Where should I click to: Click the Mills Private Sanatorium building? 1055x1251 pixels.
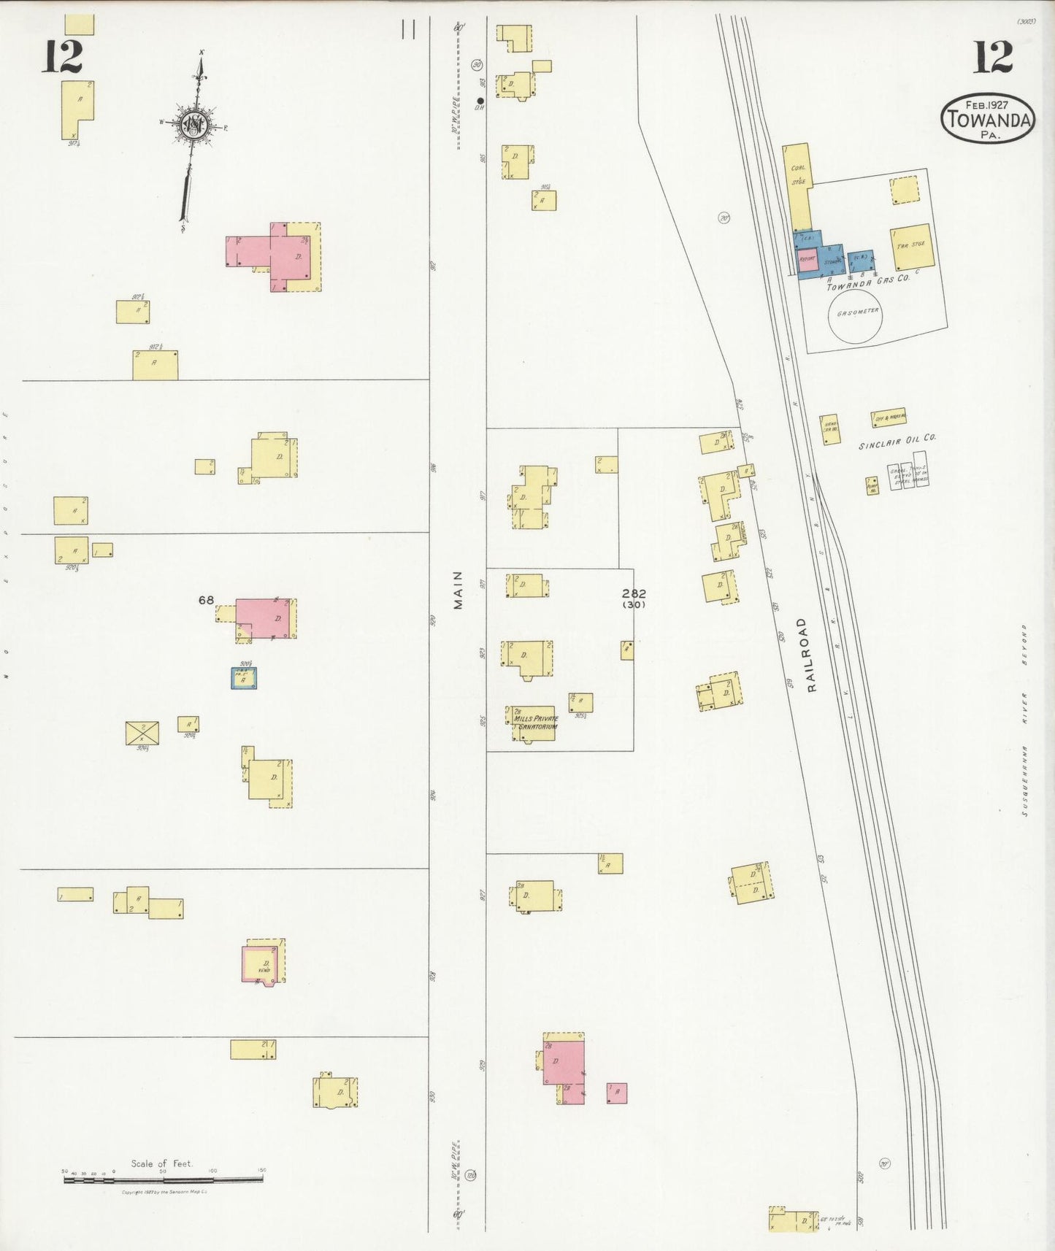[534, 723]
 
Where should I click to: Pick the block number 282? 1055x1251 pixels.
[634, 593]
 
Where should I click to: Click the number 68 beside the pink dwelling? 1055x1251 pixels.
[206, 600]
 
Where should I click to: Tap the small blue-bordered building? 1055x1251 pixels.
[244, 678]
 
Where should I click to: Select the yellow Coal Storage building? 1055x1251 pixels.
[798, 186]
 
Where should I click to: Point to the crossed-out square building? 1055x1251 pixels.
[142, 733]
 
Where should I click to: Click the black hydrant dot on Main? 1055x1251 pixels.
[480, 101]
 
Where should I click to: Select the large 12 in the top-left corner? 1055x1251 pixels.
[62, 56]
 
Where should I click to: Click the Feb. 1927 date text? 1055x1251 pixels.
[988, 104]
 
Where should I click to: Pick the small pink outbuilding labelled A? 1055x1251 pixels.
[616, 1093]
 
